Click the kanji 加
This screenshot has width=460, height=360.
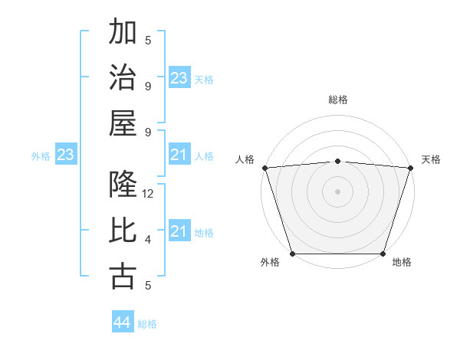(123, 34)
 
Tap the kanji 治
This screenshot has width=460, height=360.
(123, 78)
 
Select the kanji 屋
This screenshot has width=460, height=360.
(123, 123)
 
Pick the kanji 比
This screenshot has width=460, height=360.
(123, 231)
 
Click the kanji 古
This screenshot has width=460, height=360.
(123, 276)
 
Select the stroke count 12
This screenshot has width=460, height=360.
(149, 194)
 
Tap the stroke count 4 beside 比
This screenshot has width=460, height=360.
(148, 240)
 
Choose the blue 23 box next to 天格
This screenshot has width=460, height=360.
(179, 78)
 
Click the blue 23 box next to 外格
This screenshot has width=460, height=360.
(65, 155)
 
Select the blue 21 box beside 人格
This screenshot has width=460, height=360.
(179, 155)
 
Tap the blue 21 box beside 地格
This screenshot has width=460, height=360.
(179, 231)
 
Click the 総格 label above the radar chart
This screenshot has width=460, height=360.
(338, 100)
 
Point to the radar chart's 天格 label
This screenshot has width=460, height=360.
(431, 159)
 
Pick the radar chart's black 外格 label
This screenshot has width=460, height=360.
(270, 262)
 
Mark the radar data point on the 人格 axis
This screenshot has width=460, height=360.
(264, 168)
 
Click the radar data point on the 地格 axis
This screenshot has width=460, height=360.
(383, 254)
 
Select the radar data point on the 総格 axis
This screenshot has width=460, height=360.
(337, 161)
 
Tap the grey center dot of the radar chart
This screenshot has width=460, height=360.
(337, 191)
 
